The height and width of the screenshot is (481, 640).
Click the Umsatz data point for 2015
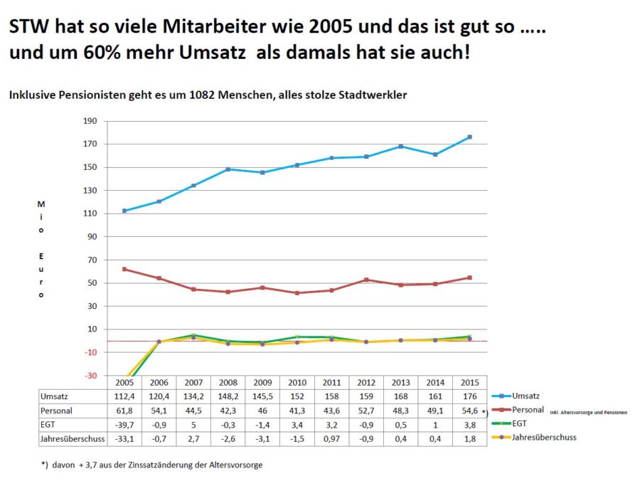[x=469, y=137]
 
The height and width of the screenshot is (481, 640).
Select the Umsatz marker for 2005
[x=125, y=211]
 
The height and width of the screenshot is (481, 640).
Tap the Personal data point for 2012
[x=366, y=280]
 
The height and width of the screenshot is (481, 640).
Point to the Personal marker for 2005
[x=125, y=269]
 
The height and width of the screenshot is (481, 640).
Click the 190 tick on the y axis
[x=90, y=121]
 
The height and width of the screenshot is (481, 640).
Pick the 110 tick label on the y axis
[x=90, y=213]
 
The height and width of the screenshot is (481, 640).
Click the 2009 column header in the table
[x=263, y=383]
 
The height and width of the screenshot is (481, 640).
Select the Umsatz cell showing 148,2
[x=228, y=396]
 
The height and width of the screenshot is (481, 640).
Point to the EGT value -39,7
[x=125, y=425]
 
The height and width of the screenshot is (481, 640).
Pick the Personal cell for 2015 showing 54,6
[x=469, y=411]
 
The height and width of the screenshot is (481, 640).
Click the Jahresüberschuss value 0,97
[x=331, y=439]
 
